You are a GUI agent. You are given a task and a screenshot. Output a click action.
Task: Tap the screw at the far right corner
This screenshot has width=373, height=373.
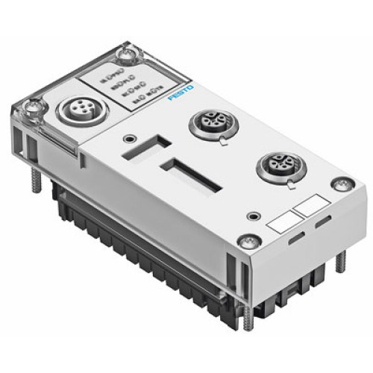(342, 184)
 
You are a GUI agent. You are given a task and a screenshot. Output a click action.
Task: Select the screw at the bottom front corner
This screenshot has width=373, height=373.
(248, 240)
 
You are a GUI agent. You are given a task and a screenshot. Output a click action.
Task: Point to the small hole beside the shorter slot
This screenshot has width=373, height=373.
(131, 137)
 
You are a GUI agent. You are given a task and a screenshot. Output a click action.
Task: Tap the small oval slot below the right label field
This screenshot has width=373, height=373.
(322, 224)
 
